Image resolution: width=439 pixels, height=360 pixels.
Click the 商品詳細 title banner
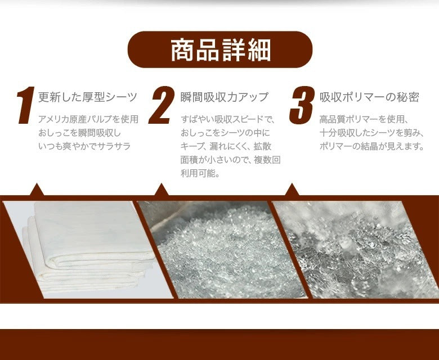219,49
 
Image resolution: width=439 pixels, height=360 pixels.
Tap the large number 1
25,105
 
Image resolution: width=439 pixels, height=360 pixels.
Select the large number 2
162,105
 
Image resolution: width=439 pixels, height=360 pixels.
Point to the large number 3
302,105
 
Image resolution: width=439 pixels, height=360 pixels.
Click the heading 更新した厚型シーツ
88,97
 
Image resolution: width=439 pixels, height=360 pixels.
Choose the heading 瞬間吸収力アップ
225,97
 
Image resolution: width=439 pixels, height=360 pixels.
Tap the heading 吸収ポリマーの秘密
369,97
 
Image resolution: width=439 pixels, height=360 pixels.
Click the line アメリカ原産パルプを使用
88,119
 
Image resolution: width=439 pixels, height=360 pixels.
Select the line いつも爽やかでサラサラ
84,146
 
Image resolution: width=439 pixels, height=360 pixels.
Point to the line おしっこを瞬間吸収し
79,133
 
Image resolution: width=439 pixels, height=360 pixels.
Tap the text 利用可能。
200,173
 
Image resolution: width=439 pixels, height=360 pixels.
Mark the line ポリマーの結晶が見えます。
372,146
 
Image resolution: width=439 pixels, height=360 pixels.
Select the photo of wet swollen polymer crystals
356,250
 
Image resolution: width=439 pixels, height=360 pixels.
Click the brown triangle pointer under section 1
37,191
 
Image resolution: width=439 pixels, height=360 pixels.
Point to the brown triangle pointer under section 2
162,191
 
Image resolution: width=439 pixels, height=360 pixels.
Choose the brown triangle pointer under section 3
292,191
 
